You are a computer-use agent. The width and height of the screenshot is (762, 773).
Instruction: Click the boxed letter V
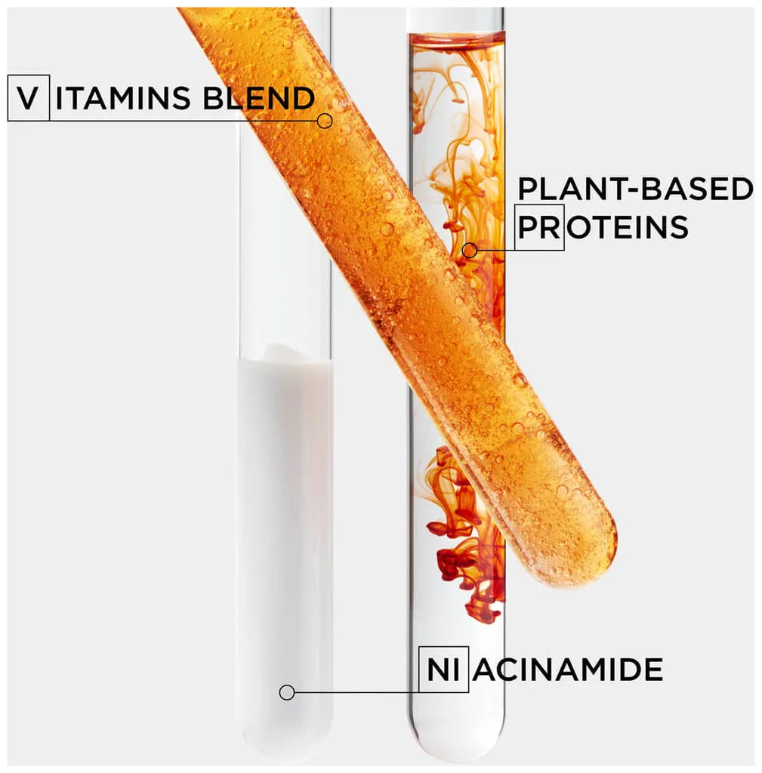pyautogui.click(x=29, y=97)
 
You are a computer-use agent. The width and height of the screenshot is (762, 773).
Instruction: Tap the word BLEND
pyautogui.click(x=259, y=97)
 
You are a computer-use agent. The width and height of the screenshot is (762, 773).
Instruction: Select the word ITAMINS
pyautogui.click(x=123, y=97)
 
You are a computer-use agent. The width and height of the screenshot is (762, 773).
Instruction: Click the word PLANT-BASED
pyautogui.click(x=635, y=189)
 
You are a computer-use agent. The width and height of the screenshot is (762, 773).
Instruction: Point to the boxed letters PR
pyautogui.click(x=539, y=226)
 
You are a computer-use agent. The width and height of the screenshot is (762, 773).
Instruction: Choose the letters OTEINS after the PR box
pyautogui.click(x=627, y=226)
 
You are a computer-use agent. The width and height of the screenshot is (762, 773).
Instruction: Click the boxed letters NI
pyautogui.click(x=443, y=669)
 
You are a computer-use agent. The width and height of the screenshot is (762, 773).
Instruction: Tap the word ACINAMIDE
pyautogui.click(x=567, y=669)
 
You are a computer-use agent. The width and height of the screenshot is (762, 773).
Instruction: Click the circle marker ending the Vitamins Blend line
pyautogui.click(x=325, y=121)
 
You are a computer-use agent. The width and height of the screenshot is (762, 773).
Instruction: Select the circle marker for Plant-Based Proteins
pyautogui.click(x=470, y=251)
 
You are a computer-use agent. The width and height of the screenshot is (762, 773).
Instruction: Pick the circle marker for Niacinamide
pyautogui.click(x=286, y=692)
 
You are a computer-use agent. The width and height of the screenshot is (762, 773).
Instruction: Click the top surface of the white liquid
pyautogui.click(x=285, y=356)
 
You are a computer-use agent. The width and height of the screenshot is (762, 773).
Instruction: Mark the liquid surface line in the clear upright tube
pyautogui.click(x=457, y=35)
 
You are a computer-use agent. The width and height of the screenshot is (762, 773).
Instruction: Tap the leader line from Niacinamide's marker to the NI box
pyautogui.click(x=356, y=692)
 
